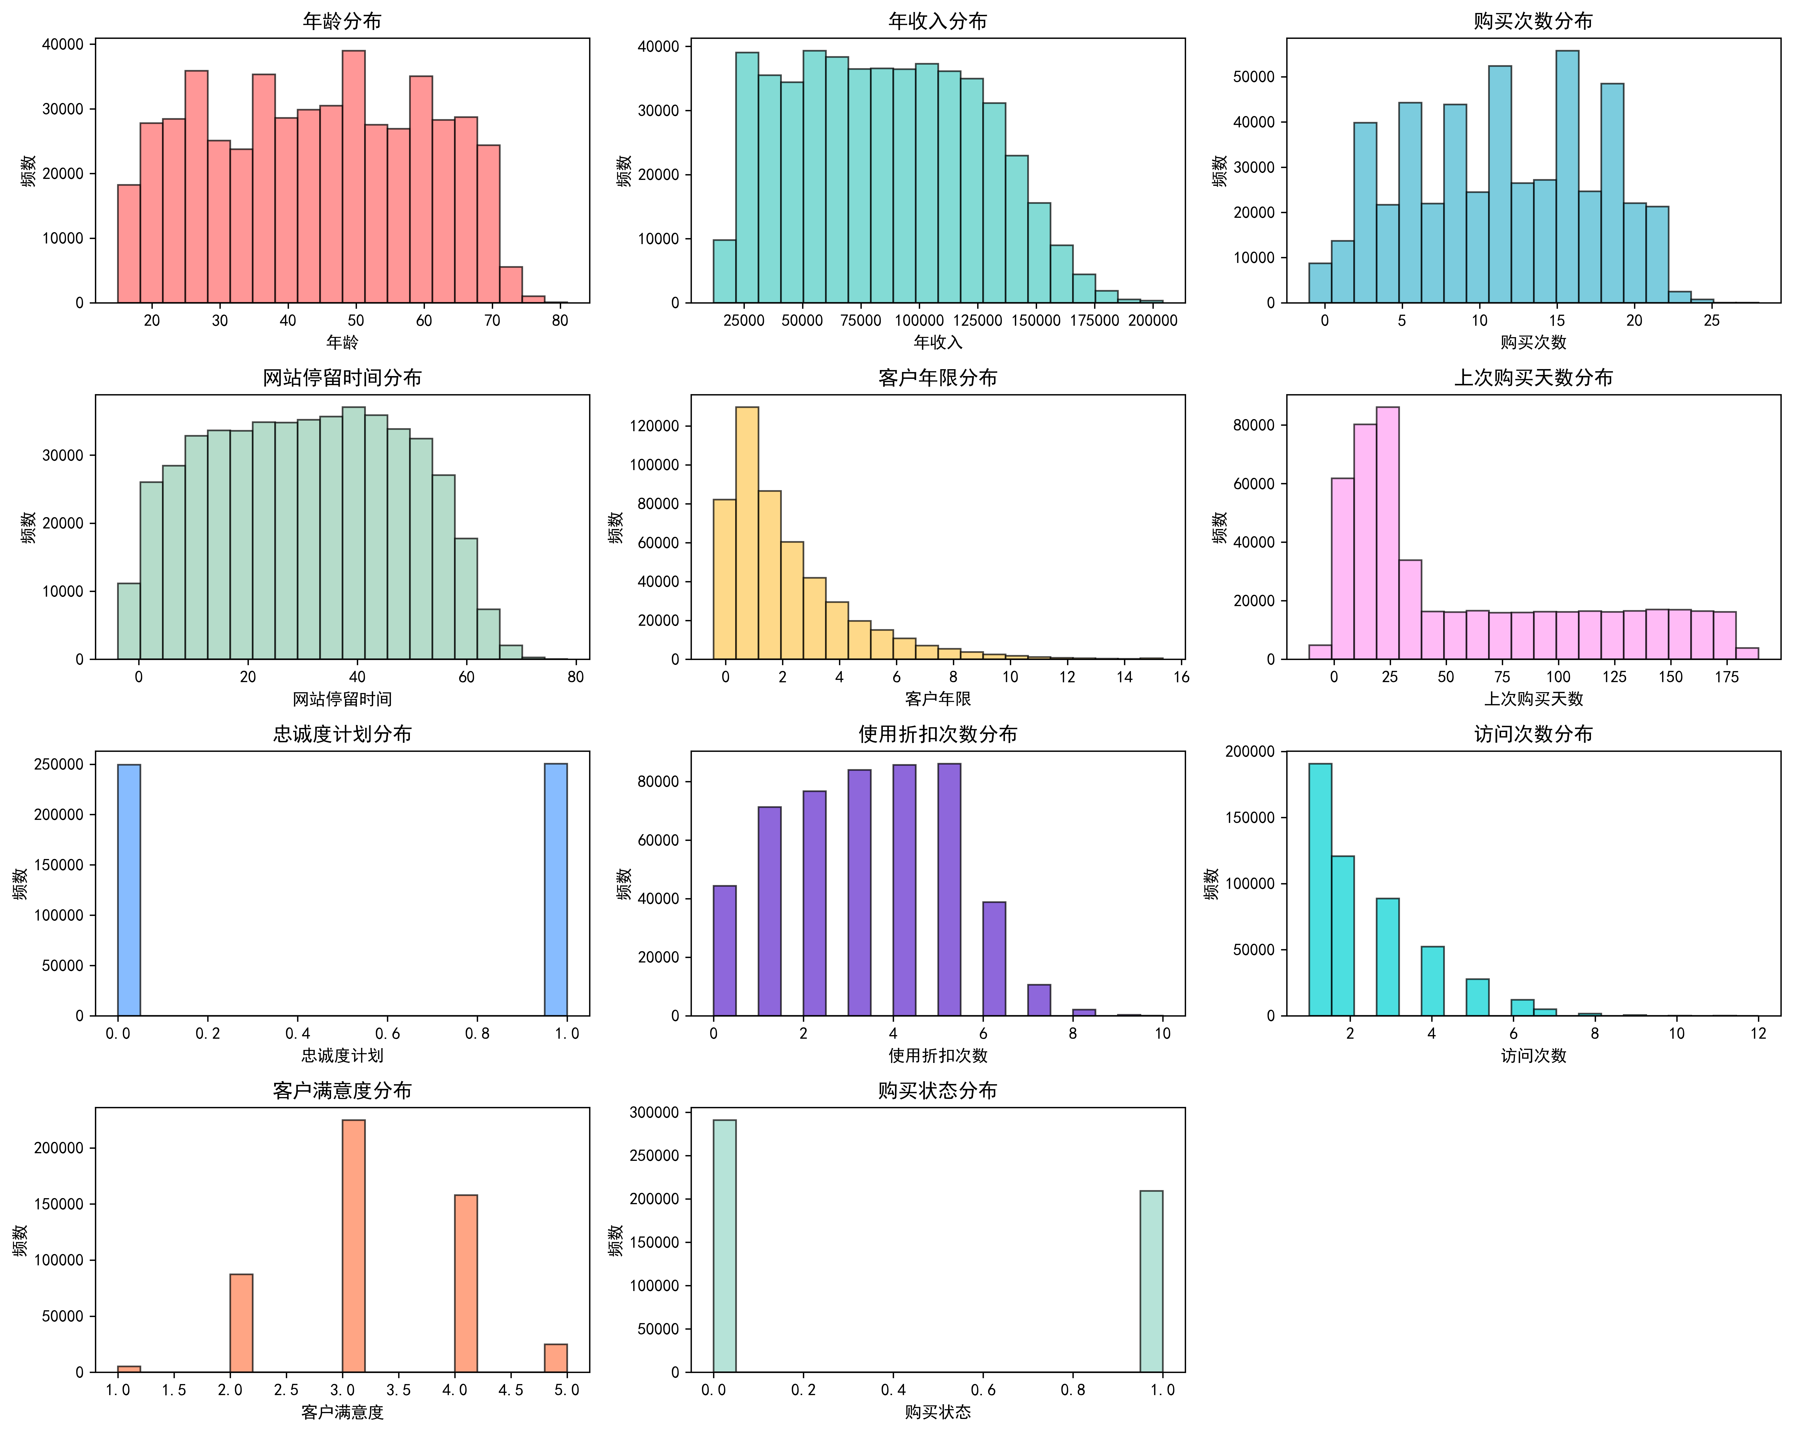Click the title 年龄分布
(x=342, y=21)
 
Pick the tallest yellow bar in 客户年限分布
(x=747, y=532)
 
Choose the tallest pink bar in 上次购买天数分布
(x=1387, y=532)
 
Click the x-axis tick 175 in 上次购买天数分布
(x=1726, y=677)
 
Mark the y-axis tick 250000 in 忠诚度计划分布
(x=58, y=764)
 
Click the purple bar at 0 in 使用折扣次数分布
(x=724, y=950)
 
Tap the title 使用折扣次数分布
(x=937, y=734)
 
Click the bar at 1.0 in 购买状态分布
(x=1151, y=1282)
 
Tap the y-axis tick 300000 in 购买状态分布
(x=654, y=1113)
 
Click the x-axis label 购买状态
(x=937, y=1412)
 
